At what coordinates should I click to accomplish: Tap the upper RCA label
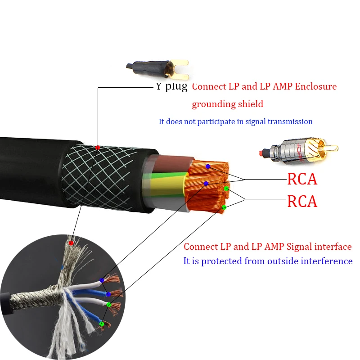pyautogui.click(x=302, y=179)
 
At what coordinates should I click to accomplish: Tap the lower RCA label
pyautogui.click(x=302, y=201)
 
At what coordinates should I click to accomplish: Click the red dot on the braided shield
pyautogui.click(x=98, y=148)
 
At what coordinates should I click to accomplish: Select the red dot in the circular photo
pyautogui.click(x=71, y=243)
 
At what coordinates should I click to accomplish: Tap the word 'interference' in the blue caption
pyautogui.click(x=327, y=261)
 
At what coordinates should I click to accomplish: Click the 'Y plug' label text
pyautogui.click(x=171, y=86)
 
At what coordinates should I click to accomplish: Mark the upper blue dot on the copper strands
pyautogui.click(x=208, y=166)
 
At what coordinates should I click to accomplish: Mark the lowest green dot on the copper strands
pyautogui.click(x=224, y=207)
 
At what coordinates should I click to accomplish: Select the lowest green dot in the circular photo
pyautogui.click(x=102, y=324)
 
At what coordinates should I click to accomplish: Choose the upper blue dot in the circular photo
pyautogui.click(x=102, y=280)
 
